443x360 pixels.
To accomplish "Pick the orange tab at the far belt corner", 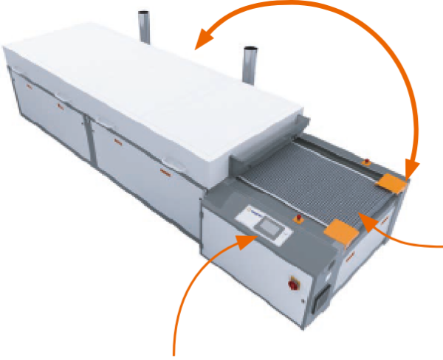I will point(391,181).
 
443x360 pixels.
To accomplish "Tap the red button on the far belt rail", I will point(365,160).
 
